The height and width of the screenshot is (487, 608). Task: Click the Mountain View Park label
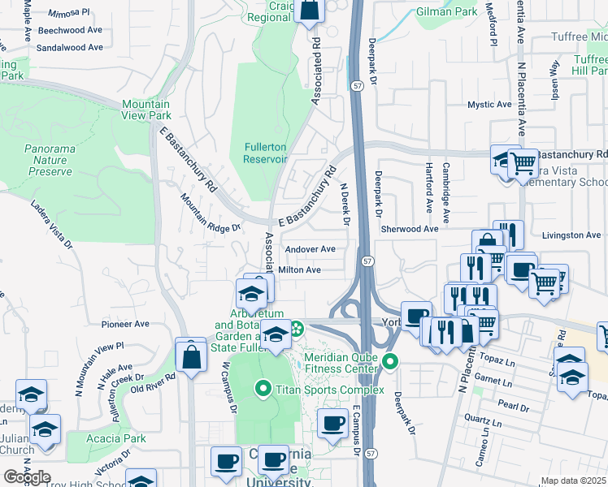coord(146,110)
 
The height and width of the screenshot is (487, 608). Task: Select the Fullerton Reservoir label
coord(265,152)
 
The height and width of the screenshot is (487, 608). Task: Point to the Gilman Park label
coord(445,12)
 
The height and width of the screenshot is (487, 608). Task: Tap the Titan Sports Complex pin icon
coord(263,390)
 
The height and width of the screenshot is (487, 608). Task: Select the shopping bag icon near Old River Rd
coord(190,356)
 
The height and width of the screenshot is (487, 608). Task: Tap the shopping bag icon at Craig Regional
coord(309,10)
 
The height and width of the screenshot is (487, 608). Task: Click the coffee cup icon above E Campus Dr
coord(332,422)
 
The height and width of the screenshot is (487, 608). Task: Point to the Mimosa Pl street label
coord(71,14)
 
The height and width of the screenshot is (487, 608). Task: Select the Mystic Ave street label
coord(489,105)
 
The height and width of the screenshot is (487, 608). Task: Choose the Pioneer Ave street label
coord(125,324)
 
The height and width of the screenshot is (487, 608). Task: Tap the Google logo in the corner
coord(27,476)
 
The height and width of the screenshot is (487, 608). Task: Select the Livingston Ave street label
coord(571,235)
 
